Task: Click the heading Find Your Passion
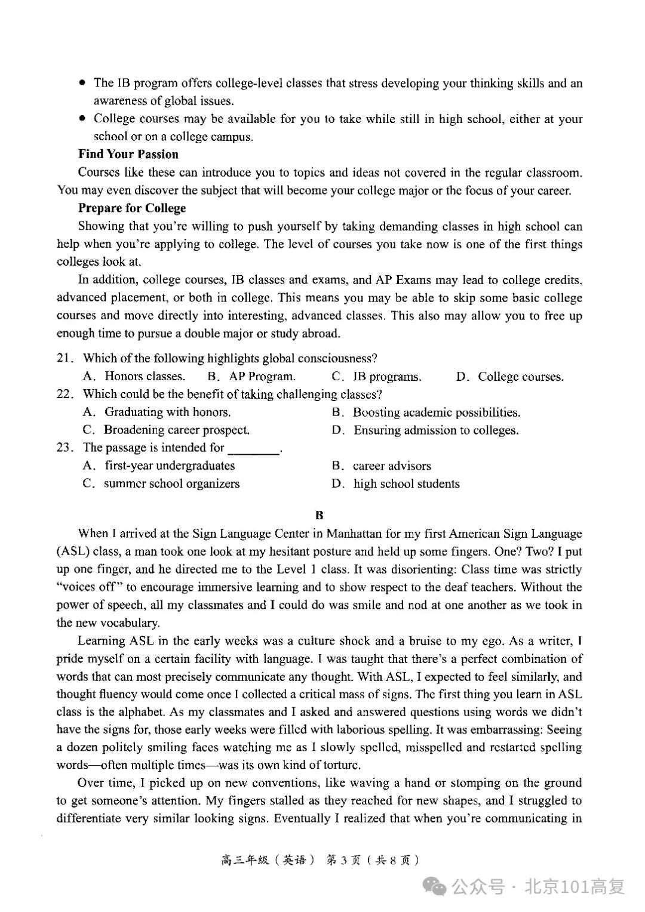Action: tap(128, 154)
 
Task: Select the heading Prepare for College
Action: tap(131, 208)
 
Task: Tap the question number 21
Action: tap(64, 358)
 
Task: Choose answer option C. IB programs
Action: tap(376, 377)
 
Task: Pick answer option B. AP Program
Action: tap(251, 377)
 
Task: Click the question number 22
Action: tap(64, 394)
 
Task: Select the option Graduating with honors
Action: tap(167, 412)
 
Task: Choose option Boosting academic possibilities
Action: tap(436, 412)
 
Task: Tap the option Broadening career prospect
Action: tap(176, 430)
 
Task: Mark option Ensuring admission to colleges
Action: tap(435, 430)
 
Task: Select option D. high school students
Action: tap(396, 484)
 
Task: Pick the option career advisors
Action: tap(391, 466)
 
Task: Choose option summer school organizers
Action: tap(171, 484)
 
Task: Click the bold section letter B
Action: tap(320, 515)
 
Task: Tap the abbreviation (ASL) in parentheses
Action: tap(73, 551)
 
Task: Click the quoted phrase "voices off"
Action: tap(90, 587)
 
